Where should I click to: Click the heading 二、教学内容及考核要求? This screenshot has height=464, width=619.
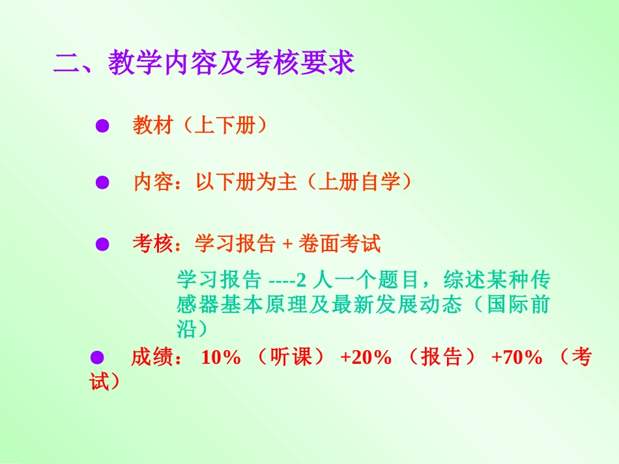204,63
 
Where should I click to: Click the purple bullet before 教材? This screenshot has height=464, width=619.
102,126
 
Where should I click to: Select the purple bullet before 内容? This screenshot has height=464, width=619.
102,183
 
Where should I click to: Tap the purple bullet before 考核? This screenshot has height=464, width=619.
102,245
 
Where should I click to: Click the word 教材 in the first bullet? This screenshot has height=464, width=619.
153,126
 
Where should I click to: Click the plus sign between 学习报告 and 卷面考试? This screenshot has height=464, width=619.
288,245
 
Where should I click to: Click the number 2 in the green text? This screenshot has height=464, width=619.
301,281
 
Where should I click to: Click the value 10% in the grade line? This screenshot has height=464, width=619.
221,357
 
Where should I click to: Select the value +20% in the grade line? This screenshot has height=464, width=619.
366,357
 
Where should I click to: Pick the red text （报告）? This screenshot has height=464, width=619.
442,357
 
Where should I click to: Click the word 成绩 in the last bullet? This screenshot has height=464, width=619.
151,357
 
